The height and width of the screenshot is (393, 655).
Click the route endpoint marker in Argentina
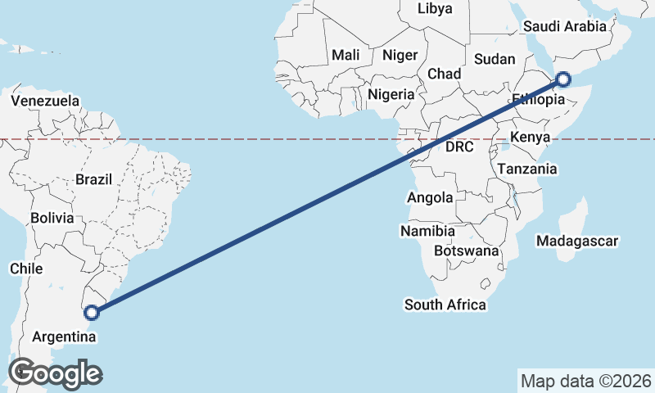pos(92,312)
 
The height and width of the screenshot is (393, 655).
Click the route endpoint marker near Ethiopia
pos(563,79)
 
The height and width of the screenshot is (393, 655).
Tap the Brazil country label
pos(93,178)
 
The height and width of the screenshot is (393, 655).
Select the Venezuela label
pos(46,102)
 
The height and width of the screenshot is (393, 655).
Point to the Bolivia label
pos(52,219)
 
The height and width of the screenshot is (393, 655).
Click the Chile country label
pos(25,268)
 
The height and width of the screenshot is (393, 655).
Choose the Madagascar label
pos(576,241)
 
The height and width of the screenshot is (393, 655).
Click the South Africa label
pos(445,305)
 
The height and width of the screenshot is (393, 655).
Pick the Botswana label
pos(467,251)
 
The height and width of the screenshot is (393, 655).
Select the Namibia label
pos(427,232)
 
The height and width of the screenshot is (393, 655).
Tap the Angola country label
pos(430,197)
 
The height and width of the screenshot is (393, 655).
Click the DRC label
pos(460,148)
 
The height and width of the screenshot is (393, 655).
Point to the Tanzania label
pos(527,169)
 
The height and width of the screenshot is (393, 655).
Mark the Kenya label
pos(529,137)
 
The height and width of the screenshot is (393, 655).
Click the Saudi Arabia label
pos(565,26)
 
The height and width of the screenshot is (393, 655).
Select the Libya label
pos(434,9)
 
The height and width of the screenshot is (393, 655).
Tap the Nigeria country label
pos(391,94)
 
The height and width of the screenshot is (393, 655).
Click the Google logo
pos(55,373)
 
